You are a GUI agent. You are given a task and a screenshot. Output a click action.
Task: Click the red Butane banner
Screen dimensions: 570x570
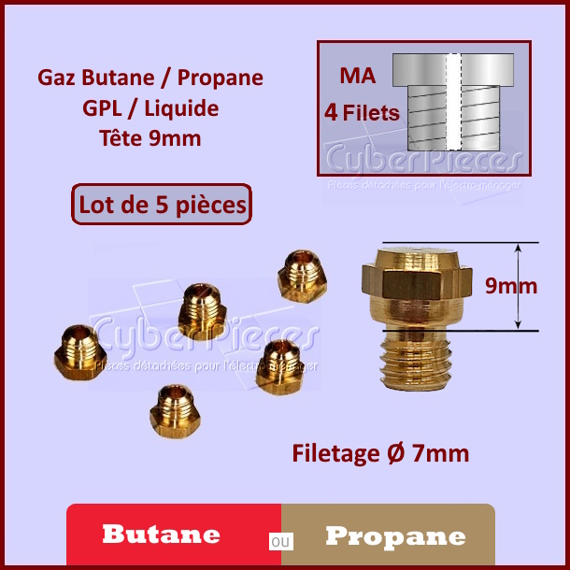click(x=173, y=535)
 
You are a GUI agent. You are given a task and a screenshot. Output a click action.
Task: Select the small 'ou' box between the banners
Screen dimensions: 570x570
click(x=280, y=541)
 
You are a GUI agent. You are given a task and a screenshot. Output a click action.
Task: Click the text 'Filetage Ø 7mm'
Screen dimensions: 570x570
click(x=380, y=453)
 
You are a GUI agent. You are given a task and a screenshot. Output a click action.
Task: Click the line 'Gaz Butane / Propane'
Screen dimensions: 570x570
click(x=150, y=78)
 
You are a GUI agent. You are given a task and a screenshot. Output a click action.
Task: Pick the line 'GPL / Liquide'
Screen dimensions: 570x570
click(x=150, y=108)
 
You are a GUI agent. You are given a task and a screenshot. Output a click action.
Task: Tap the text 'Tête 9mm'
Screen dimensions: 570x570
click(x=150, y=139)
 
